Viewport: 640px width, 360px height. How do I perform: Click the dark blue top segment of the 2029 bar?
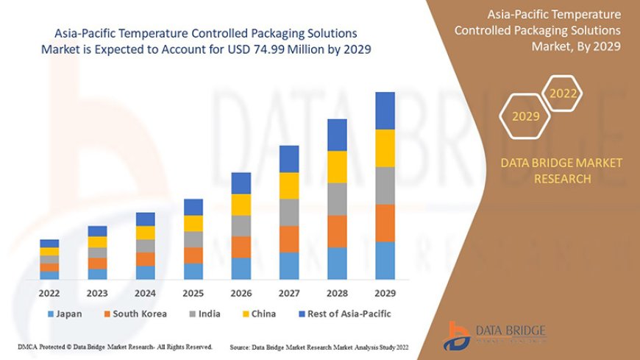click(385, 110)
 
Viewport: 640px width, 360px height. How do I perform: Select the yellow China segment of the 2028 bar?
click(337, 166)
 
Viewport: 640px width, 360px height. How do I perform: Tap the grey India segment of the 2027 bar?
click(289, 212)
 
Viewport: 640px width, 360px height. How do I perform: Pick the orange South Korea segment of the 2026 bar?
click(241, 247)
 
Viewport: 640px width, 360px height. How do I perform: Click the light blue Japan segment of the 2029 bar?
click(385, 261)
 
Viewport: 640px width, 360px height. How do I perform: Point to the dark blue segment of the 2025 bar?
click(193, 207)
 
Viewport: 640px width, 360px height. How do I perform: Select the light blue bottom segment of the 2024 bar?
click(146, 272)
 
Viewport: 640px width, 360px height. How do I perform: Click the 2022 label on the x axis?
click(50, 292)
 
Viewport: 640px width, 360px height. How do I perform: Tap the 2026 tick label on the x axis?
click(241, 292)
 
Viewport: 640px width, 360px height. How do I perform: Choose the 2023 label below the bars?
click(98, 292)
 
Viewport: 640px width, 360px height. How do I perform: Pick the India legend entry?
click(204, 314)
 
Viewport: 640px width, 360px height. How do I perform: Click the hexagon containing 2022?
click(563, 93)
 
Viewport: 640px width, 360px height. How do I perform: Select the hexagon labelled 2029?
click(525, 116)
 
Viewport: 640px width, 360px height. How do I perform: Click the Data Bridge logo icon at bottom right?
click(459, 335)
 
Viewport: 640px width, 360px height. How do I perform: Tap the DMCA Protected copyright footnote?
click(115, 346)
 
